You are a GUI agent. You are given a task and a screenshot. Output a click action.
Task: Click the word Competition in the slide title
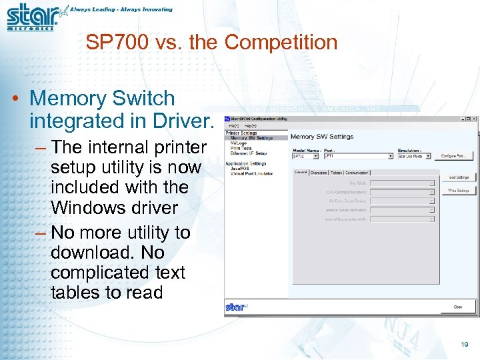tap(281, 43)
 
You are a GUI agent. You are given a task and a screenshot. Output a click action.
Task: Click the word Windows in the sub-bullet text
tap(85, 207)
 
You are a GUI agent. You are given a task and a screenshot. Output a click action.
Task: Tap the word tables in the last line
tap(75, 292)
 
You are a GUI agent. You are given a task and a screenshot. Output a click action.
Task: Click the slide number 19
tap(465, 345)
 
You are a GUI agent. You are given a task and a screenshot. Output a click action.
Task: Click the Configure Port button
tap(455, 156)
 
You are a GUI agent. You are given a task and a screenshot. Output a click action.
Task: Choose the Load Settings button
tap(457, 177)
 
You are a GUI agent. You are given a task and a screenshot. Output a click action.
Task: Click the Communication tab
tap(357, 173)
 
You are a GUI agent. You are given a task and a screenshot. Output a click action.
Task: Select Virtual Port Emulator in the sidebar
tap(252, 173)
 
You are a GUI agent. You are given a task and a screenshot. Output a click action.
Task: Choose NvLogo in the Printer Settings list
tap(238, 143)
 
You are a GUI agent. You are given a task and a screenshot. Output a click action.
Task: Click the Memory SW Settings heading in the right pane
tap(322, 137)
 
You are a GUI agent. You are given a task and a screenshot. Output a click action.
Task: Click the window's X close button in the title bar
tap(473, 119)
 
